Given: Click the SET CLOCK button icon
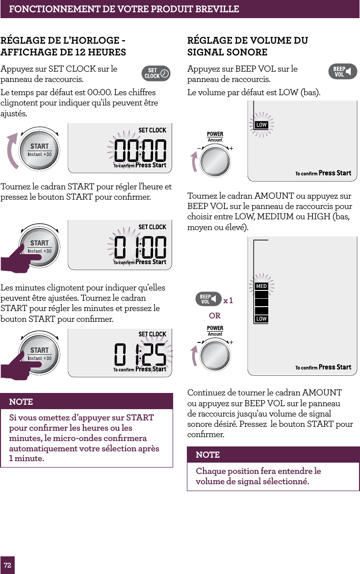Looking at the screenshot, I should [x=156, y=74].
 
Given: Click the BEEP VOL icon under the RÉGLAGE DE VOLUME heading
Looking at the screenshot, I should [x=342, y=72].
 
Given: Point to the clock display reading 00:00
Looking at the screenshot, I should [x=140, y=150].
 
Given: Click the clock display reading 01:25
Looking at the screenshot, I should [x=140, y=354].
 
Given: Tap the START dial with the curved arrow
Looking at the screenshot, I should [x=39, y=150].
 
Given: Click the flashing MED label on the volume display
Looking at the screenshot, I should [x=261, y=286].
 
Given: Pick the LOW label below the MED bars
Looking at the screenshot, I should [x=261, y=319].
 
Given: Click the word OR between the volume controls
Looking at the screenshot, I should [x=214, y=315].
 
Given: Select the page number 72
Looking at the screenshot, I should [x=7, y=565].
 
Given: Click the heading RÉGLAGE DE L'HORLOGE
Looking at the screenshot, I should [x=63, y=41].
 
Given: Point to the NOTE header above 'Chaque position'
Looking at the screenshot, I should [x=208, y=455].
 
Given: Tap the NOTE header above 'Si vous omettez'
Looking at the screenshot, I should [x=21, y=401].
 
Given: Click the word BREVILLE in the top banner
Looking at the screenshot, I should [x=215, y=9].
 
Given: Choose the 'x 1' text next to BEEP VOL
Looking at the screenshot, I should [x=228, y=300].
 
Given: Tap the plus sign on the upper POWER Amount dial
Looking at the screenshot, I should [x=231, y=148].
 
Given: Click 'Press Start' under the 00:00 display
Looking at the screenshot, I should [x=151, y=165].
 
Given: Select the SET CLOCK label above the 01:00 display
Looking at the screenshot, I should [x=152, y=227].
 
